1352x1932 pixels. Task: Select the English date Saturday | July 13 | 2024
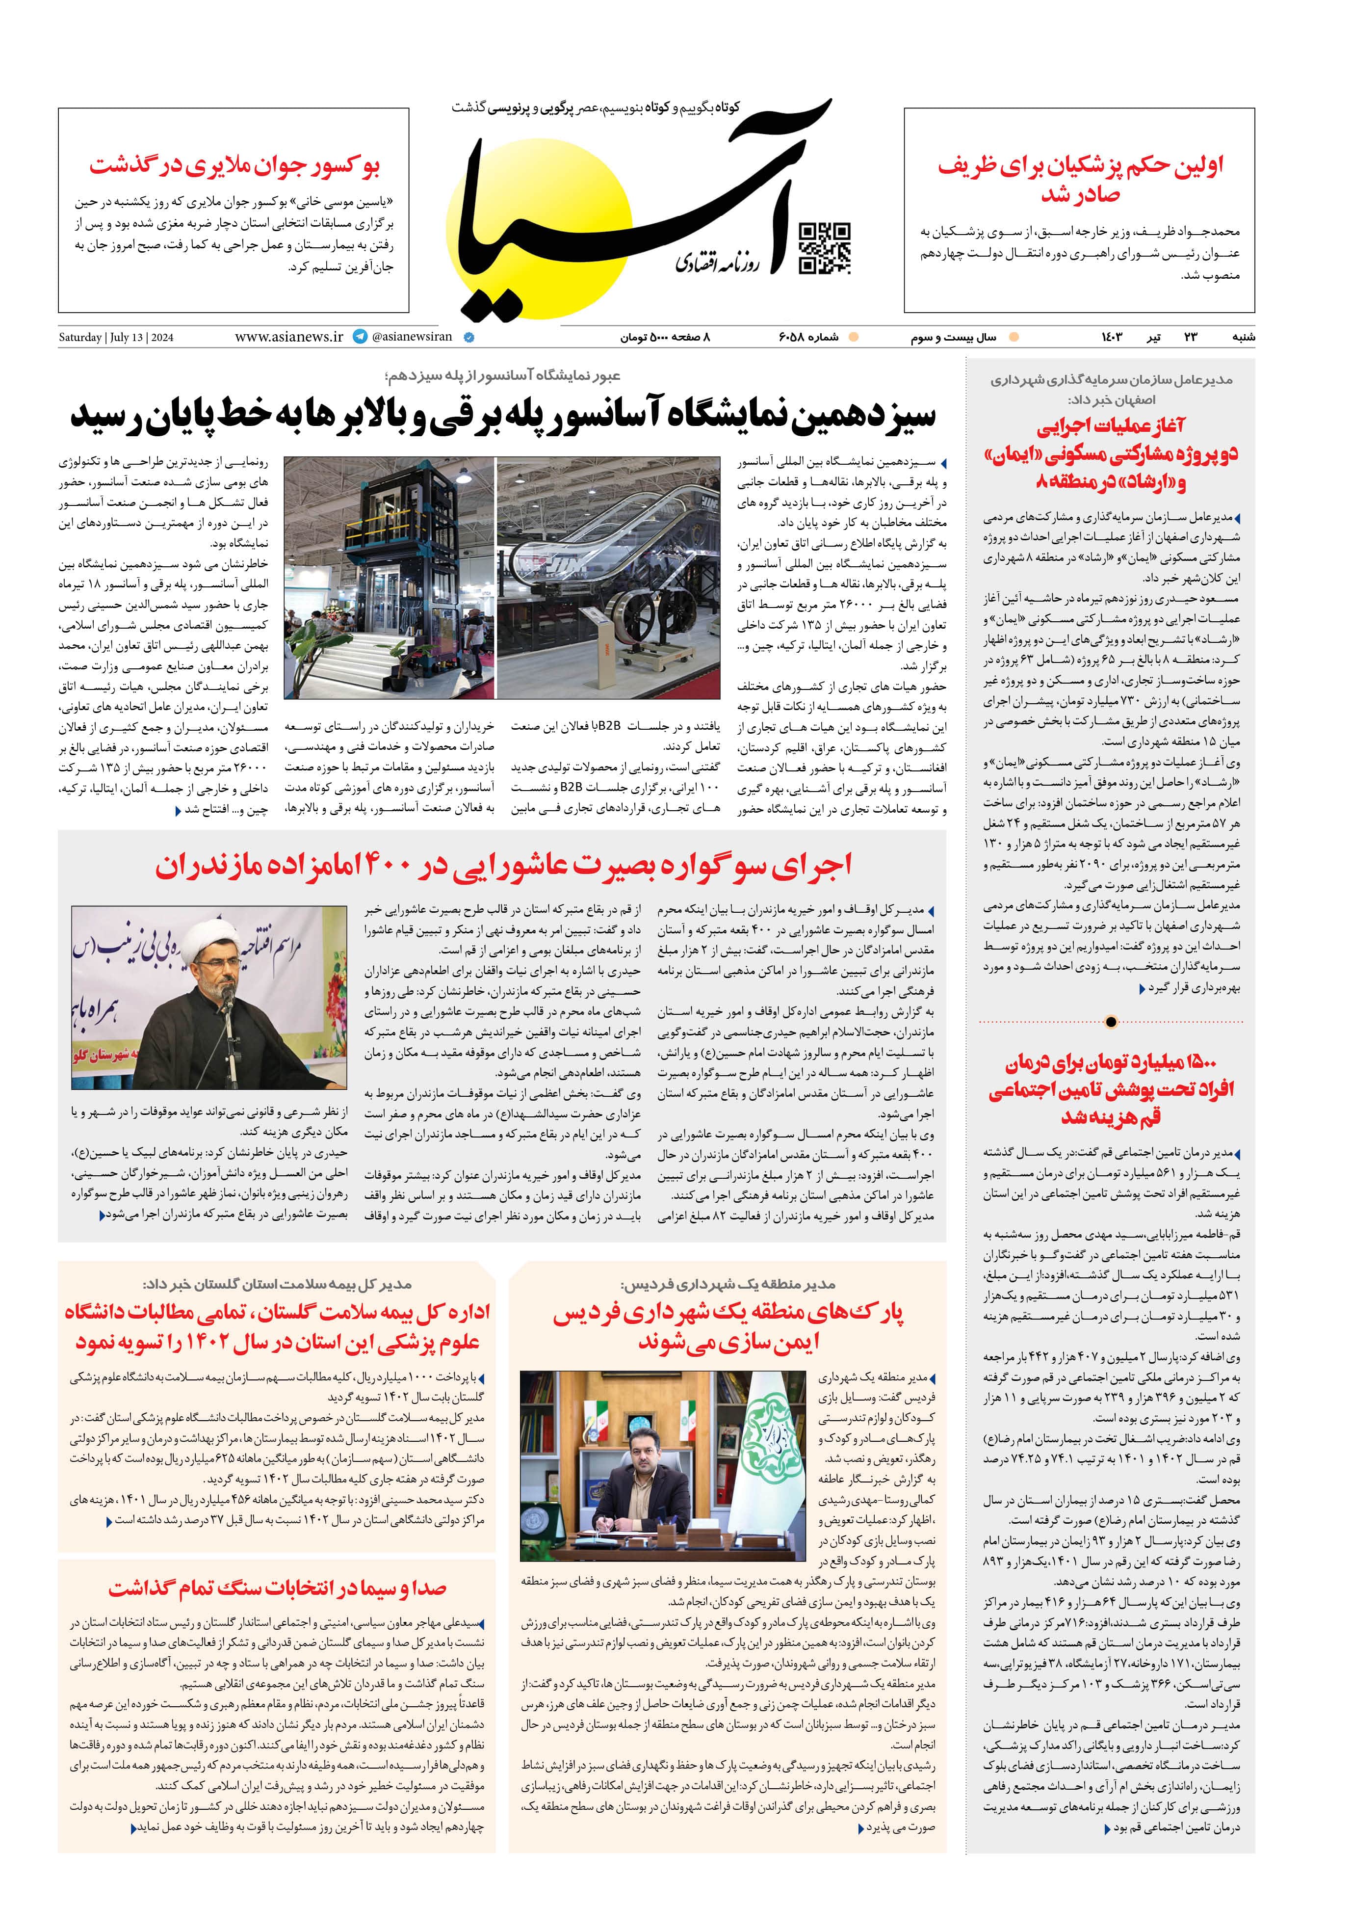[116, 338]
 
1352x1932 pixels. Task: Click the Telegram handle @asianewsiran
[412, 337]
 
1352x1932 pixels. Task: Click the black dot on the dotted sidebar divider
[1111, 1022]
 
